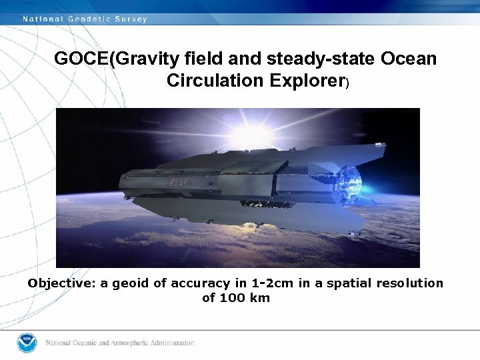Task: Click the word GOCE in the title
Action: [x=81, y=59]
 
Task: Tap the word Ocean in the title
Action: [x=409, y=59]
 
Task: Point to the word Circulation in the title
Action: [x=213, y=81]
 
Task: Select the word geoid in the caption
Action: [x=130, y=283]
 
